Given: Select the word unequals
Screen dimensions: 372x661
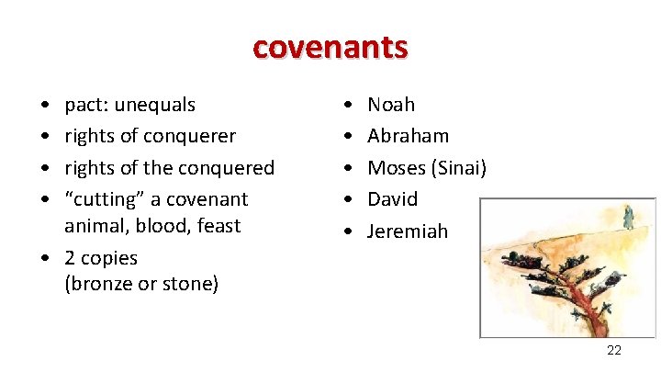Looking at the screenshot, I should click(x=154, y=105).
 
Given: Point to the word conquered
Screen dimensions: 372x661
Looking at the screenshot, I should click(x=230, y=168).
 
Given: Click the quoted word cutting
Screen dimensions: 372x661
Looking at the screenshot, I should click(x=100, y=199).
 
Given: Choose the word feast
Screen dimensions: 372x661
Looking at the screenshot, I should click(x=217, y=226).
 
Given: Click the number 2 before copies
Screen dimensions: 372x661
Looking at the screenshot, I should click(x=70, y=258).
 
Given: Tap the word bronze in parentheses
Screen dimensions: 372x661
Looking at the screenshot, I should click(x=99, y=285).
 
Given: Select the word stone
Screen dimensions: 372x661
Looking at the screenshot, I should click(x=187, y=285).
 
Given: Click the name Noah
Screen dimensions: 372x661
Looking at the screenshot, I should click(x=391, y=105).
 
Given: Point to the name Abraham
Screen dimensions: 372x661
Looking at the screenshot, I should click(x=409, y=136).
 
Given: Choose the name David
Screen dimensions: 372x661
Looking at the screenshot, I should click(x=392, y=199).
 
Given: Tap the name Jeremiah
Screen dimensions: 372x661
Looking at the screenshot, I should click(x=408, y=231).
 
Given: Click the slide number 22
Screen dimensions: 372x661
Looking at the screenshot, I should click(x=614, y=351).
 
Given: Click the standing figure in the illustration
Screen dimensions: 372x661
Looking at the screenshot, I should click(x=628, y=217).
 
